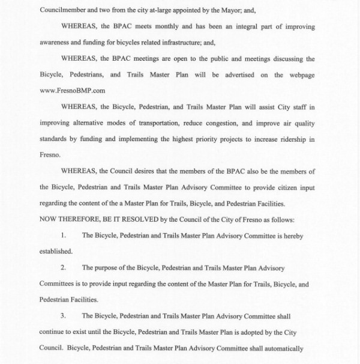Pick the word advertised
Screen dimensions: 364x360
(235, 76)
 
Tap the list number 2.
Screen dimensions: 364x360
(64, 267)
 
